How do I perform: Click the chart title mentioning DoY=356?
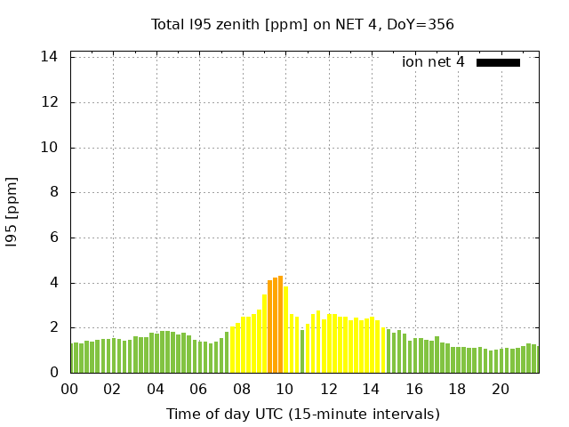pyautogui.click(x=302, y=24)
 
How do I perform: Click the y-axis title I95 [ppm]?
pyautogui.click(x=12, y=213)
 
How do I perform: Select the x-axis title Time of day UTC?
pyautogui.click(x=302, y=414)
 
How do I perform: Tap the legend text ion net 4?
pyautogui.click(x=433, y=62)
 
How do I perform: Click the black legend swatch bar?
pyautogui.click(x=498, y=62)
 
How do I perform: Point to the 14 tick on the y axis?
pyautogui.click(x=51, y=57)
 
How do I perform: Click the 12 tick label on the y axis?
pyautogui.click(x=51, y=102)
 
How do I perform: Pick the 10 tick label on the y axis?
pyautogui.click(x=51, y=148)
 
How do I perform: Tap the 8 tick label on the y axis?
pyautogui.click(x=54, y=192)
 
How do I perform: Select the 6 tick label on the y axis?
pyautogui.click(x=54, y=238)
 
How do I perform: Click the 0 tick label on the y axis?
pyautogui.click(x=54, y=373)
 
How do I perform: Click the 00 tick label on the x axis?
pyautogui.click(x=69, y=389)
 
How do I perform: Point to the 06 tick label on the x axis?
pyautogui.click(x=198, y=389)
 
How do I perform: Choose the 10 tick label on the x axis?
pyautogui.click(x=284, y=389)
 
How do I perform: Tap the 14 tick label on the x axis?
pyautogui.click(x=371, y=389)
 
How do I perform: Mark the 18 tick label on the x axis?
pyautogui.click(x=457, y=389)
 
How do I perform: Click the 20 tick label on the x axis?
pyautogui.click(x=501, y=389)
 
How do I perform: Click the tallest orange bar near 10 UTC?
pyautogui.click(x=280, y=325)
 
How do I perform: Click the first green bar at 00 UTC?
pyautogui.click(x=73, y=359)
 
